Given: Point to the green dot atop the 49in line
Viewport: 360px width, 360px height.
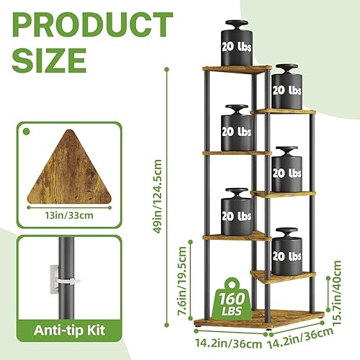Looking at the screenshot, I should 167,70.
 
